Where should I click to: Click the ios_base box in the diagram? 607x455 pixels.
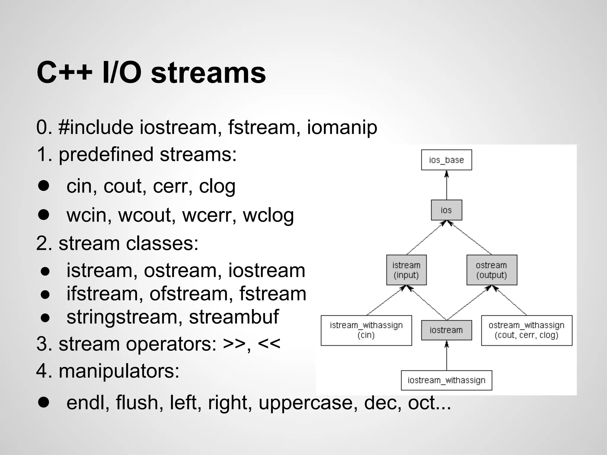pyautogui.click(x=446, y=160)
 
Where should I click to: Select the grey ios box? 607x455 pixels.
pyautogui.click(x=446, y=210)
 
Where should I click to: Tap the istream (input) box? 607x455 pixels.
pyautogui.click(x=406, y=270)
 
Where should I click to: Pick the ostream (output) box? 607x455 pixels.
pyautogui.click(x=492, y=270)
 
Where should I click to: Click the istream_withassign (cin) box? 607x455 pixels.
pyautogui.click(x=366, y=330)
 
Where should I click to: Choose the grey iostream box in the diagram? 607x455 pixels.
pyautogui.click(x=446, y=330)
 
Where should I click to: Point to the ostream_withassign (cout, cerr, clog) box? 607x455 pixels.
pyautogui.click(x=526, y=330)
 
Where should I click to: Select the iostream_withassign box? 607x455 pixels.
pyautogui.click(x=446, y=380)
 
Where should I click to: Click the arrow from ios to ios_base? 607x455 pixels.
pyautogui.click(x=447, y=185)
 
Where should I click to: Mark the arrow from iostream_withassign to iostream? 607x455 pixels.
pyautogui.click(x=447, y=355)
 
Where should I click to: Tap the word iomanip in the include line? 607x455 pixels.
pyautogui.click(x=342, y=127)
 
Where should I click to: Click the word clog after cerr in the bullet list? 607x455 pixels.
pyautogui.click(x=217, y=186)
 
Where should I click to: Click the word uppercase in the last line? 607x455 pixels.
pyautogui.click(x=306, y=403)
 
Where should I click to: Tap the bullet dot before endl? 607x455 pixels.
pyautogui.click(x=44, y=402)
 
